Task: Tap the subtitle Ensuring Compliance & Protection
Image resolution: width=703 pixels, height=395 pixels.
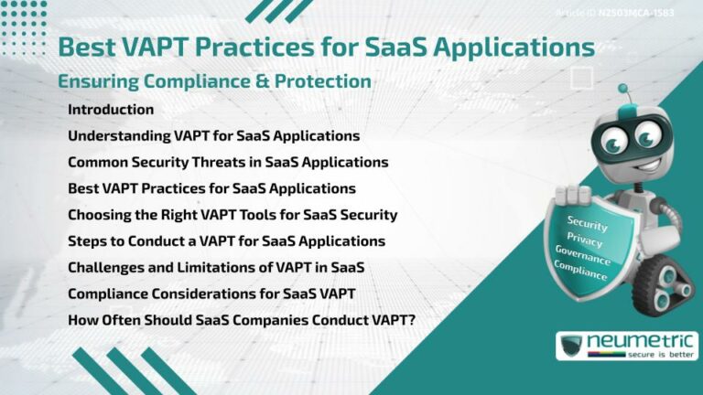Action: (x=214, y=81)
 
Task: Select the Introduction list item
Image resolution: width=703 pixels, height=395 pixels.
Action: (x=111, y=110)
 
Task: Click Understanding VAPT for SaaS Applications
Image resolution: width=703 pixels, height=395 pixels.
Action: (x=213, y=136)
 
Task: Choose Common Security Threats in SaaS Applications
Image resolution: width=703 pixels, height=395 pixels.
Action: (x=228, y=162)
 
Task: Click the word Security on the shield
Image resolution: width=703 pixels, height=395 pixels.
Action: (x=587, y=222)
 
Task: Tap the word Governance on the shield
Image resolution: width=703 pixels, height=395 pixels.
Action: (x=587, y=254)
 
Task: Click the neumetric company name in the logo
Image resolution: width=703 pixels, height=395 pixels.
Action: (x=641, y=341)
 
